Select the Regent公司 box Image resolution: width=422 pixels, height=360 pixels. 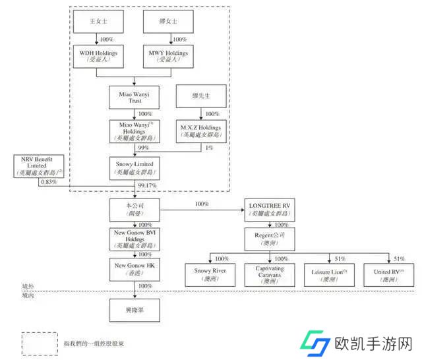[x=272, y=238]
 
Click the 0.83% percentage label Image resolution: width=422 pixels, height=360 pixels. [x=29, y=181]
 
